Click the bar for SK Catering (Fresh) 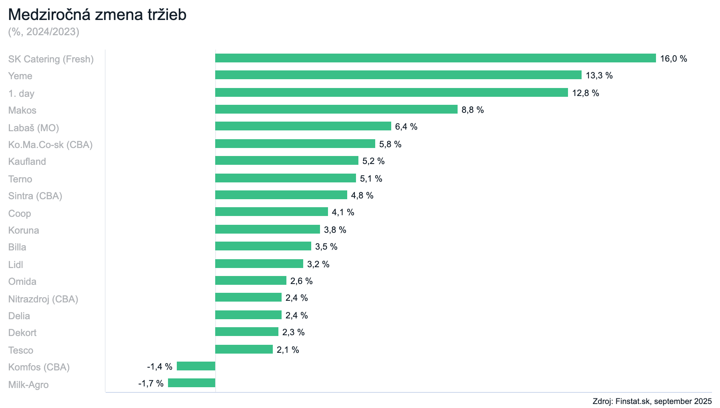click(x=435, y=58)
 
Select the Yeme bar click(x=398, y=75)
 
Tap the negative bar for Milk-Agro click(x=192, y=383)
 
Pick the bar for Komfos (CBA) click(x=196, y=366)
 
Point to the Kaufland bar click(x=286, y=161)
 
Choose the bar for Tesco click(x=244, y=350)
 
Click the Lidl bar click(x=259, y=264)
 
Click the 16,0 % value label click(x=673, y=59)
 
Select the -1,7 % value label click(x=151, y=384)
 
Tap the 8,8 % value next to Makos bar click(x=472, y=110)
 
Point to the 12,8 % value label click(x=585, y=93)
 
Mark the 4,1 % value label click(x=343, y=212)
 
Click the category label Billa click(x=17, y=247)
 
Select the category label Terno click(x=20, y=179)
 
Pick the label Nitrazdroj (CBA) click(x=43, y=299)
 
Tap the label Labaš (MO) click(x=34, y=128)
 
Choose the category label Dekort click(x=22, y=333)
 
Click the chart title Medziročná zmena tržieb click(x=97, y=15)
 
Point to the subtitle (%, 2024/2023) click(x=44, y=32)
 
